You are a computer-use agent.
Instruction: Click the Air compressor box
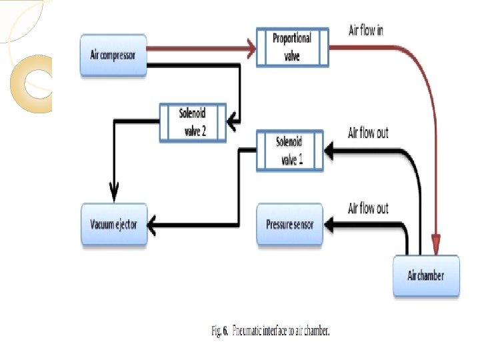pos(113,55)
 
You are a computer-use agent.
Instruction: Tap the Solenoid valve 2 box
pos(193,122)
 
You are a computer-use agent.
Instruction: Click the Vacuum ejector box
pos(113,225)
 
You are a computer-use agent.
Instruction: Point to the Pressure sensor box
pos(289,225)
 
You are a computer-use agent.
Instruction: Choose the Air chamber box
pos(426,275)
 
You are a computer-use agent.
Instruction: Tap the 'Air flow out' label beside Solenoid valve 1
pos(368,133)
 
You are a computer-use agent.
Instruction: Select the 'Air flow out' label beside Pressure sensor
pos(368,209)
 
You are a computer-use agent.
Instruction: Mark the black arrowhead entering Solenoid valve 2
pos(231,121)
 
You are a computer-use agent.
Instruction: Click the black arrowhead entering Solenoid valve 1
pos(329,151)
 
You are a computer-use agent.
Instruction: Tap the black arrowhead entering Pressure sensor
pos(329,225)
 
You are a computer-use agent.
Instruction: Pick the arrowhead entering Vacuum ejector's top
pos(113,195)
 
